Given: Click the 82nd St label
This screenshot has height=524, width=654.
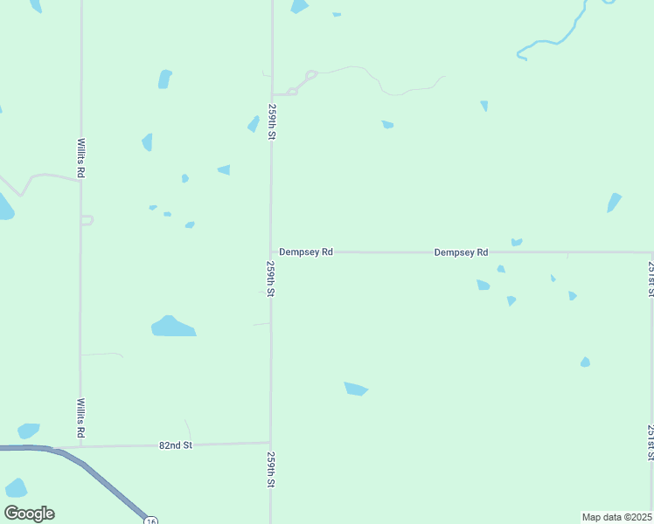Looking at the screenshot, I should tap(175, 445).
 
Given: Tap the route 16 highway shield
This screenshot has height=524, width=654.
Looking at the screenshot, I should tap(151, 519).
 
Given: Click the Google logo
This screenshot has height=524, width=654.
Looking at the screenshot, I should tap(29, 514).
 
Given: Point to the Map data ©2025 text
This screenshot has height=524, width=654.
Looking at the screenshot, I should tap(616, 517).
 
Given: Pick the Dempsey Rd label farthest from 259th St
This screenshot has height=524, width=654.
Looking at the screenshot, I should tap(461, 252).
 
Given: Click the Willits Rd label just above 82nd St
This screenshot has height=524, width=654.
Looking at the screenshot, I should tap(80, 418).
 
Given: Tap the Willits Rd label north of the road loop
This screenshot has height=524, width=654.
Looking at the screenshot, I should tap(80, 158).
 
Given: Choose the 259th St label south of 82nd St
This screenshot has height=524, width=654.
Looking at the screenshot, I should tap(271, 470).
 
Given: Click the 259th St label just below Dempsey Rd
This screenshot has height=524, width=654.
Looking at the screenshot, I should tap(271, 279).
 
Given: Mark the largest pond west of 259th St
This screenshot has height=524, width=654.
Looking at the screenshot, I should tap(172, 327).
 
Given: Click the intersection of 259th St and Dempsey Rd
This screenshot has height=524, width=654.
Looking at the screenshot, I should tap(271, 252).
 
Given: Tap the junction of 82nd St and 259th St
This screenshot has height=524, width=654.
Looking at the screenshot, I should tap(271, 442).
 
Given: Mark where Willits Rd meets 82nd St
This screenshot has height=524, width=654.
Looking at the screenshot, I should tap(80, 446).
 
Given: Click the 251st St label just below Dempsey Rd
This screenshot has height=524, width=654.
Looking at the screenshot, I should tap(651, 278).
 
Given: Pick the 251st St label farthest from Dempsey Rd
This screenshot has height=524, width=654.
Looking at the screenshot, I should tap(651, 442).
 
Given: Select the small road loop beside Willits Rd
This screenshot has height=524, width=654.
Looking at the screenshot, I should tap(87, 220).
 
